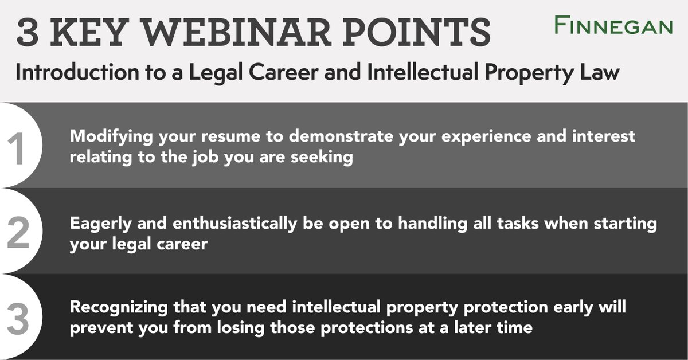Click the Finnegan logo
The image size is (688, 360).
pyautogui.click(x=613, y=26)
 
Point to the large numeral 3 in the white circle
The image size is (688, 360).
pyautogui.click(x=17, y=319)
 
